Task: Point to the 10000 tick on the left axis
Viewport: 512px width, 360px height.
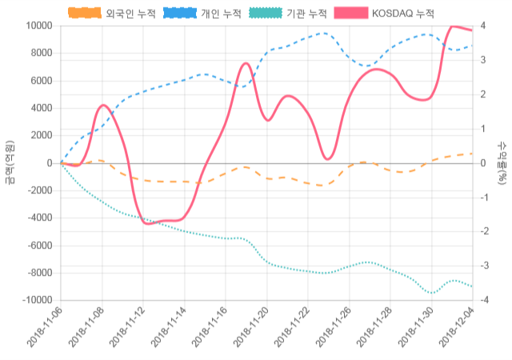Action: point(38,26)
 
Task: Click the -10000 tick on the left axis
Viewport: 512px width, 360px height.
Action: point(36,300)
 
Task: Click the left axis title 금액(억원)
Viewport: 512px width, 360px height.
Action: point(10,162)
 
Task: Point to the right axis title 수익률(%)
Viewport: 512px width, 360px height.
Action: point(502,162)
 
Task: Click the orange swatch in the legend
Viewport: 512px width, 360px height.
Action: point(85,13)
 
